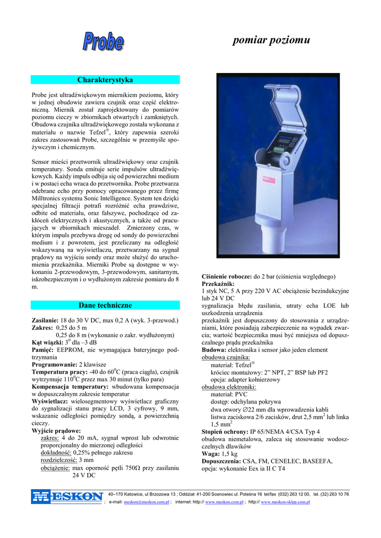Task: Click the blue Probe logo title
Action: tap(103, 42)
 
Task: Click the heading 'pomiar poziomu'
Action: tap(271, 40)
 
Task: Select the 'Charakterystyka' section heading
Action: tap(105, 80)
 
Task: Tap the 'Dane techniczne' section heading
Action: tap(105, 305)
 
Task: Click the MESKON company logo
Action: tap(67, 496)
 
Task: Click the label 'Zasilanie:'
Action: tap(45, 320)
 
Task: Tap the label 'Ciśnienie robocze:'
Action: tap(226, 276)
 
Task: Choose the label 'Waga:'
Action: tap(211, 453)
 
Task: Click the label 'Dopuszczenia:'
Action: tap(221, 461)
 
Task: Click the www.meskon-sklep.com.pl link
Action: tap(285, 502)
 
